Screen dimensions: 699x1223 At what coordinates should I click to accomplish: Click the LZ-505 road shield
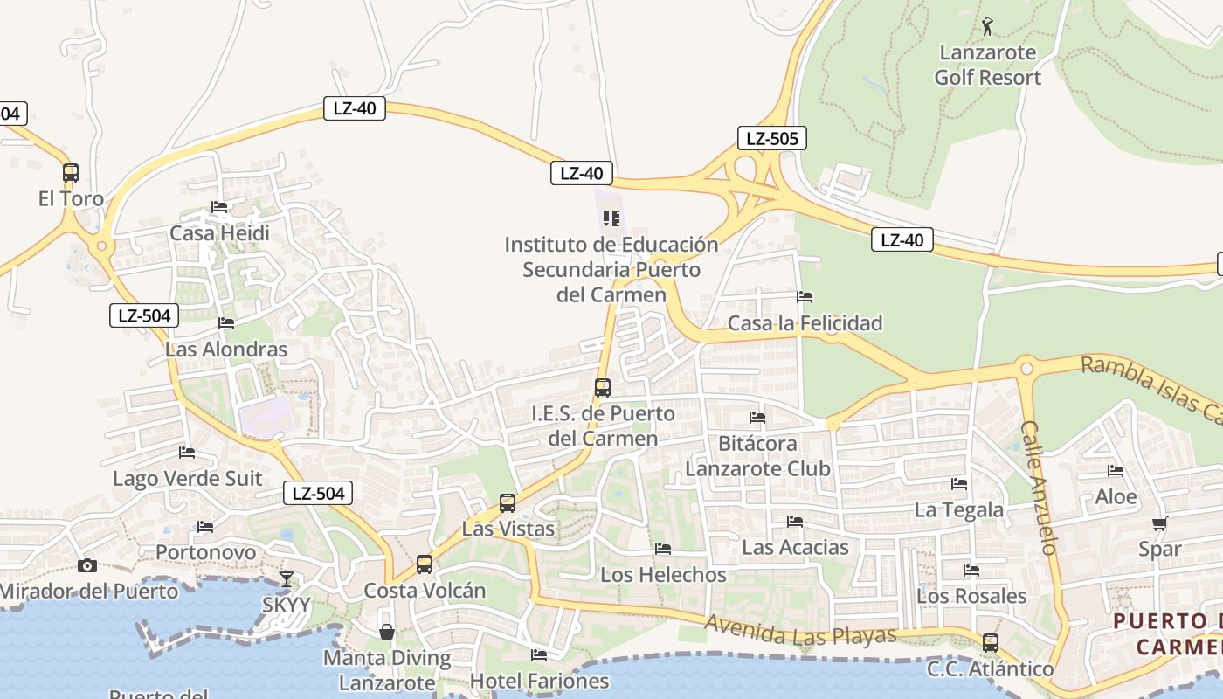tap(771, 138)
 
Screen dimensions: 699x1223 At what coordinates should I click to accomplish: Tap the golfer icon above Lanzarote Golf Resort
tap(987, 26)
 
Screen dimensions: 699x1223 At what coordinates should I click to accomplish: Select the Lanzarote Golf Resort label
tap(988, 65)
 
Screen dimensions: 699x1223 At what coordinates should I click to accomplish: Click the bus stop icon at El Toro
tap(71, 173)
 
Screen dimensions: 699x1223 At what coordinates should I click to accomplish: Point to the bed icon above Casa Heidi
tap(219, 207)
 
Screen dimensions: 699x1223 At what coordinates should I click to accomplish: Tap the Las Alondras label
tap(226, 349)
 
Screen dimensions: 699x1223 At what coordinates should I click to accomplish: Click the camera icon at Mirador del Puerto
tap(87, 565)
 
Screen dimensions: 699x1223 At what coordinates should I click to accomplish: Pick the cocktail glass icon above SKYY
tap(286, 578)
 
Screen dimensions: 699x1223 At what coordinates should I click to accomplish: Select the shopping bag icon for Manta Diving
tap(386, 631)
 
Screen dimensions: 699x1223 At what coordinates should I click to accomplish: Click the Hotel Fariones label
tap(539, 681)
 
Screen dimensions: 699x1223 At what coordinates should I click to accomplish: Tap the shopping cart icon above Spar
tap(1159, 524)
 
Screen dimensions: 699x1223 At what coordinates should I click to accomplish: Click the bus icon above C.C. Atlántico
tap(990, 643)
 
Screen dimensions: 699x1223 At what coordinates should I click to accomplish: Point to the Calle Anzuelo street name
tap(1039, 488)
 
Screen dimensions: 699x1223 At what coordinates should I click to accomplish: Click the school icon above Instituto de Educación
tap(611, 218)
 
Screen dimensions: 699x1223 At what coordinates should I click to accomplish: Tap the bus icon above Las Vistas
tap(508, 503)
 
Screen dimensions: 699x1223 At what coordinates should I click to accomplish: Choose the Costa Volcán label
tap(425, 591)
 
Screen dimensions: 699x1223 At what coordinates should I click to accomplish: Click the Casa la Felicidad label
tap(805, 323)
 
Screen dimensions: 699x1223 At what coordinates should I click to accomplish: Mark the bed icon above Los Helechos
tap(663, 549)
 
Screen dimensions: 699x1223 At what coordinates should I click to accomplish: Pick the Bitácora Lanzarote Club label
tap(757, 455)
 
